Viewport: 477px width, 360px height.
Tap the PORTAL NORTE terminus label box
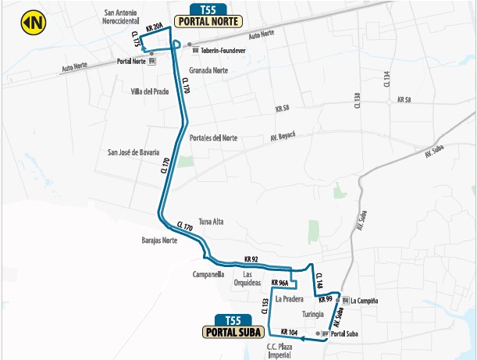tap(208, 22)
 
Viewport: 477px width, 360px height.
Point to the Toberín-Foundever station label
tap(224, 51)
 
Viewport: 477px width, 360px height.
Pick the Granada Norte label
tap(208, 70)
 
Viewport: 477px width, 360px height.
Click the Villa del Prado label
tap(150, 91)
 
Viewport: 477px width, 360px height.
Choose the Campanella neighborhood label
tap(209, 275)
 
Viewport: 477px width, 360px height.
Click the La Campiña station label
tap(364, 300)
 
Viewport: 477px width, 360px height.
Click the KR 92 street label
tap(251, 258)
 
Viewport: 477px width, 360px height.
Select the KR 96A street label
tap(279, 283)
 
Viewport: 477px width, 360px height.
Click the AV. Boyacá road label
tap(283, 135)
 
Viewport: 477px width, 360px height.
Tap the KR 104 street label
tap(289, 332)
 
